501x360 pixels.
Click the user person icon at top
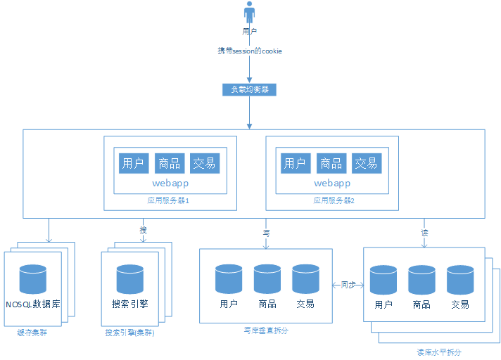tap(249, 13)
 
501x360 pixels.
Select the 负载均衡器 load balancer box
tap(249, 90)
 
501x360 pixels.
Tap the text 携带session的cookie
tap(250, 51)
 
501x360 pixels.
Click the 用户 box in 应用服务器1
tap(133, 163)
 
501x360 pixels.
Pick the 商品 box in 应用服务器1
tap(169, 163)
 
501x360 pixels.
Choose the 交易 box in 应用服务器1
tap(205, 163)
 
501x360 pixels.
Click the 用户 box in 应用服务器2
tap(295, 163)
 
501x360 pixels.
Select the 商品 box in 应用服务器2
tap(331, 163)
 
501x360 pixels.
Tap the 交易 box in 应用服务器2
tap(367, 163)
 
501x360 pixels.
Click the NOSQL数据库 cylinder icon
tap(33, 278)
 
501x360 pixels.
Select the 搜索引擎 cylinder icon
tap(129, 278)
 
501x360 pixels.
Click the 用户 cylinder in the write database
tap(229, 278)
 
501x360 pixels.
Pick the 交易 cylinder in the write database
tap(305, 278)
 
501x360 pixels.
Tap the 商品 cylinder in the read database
tap(421, 279)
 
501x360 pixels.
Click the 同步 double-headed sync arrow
tap(348, 285)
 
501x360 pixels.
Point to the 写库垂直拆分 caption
tap(265, 330)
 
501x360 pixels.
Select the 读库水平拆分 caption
tap(439, 352)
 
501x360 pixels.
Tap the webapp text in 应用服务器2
tap(332, 183)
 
